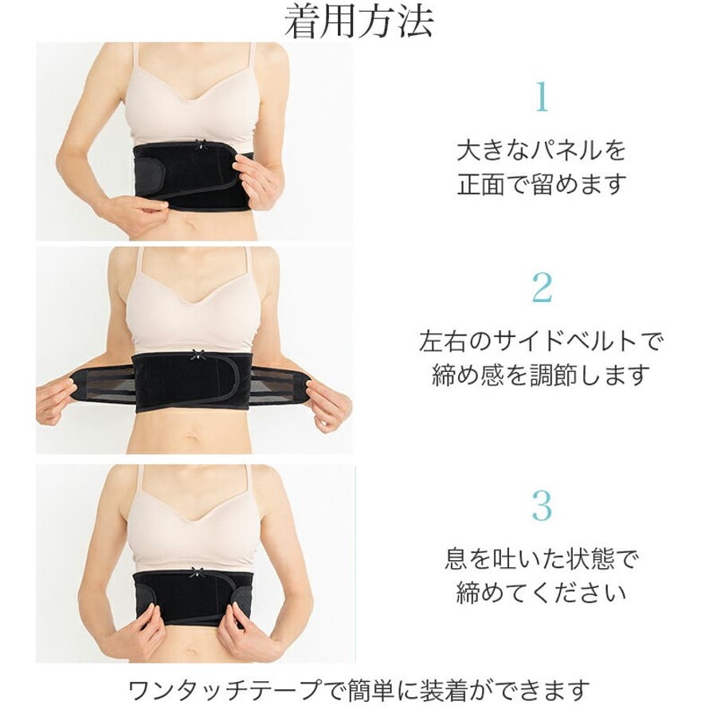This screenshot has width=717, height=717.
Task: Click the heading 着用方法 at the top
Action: click(x=358, y=21)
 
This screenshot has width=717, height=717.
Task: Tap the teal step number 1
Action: click(x=542, y=96)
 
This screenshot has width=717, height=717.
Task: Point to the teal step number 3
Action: click(x=542, y=505)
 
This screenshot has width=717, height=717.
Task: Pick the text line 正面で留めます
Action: click(x=542, y=184)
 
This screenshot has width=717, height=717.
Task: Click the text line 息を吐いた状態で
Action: click(x=542, y=558)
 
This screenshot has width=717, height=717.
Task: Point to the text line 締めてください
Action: click(x=542, y=593)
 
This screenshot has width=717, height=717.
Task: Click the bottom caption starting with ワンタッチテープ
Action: click(x=358, y=690)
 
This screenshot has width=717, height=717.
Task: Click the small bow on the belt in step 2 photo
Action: click(x=198, y=354)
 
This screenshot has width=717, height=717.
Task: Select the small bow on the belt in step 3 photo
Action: click(x=197, y=572)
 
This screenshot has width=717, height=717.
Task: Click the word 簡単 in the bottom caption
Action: click(x=370, y=690)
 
